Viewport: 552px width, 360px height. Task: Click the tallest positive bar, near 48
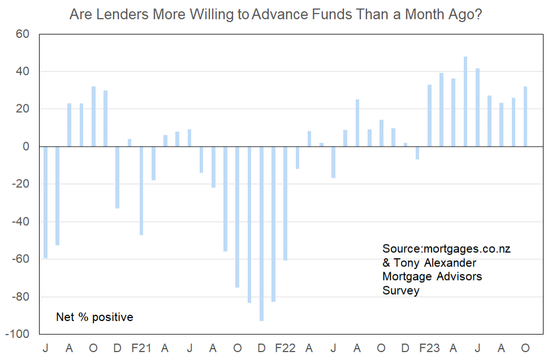click(x=465, y=101)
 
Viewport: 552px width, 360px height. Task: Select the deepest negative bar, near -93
click(x=261, y=234)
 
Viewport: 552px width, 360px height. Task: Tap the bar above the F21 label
click(x=141, y=191)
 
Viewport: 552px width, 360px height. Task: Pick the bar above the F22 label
click(x=286, y=203)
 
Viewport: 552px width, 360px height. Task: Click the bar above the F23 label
click(x=429, y=115)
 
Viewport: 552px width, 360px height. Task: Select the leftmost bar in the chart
click(x=45, y=203)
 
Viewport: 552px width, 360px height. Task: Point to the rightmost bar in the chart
click(x=525, y=117)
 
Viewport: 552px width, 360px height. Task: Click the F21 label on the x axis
click(x=141, y=348)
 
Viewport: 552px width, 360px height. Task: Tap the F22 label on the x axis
click(x=285, y=348)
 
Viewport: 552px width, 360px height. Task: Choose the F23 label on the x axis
click(x=429, y=348)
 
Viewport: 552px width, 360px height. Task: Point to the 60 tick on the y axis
click(x=23, y=34)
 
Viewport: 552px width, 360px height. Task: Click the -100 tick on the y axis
click(x=17, y=334)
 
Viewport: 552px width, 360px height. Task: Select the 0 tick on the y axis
click(x=26, y=147)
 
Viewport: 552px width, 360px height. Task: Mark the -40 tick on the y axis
click(x=20, y=221)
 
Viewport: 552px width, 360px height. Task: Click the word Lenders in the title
click(x=123, y=15)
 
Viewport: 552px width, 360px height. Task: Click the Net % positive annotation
click(x=94, y=317)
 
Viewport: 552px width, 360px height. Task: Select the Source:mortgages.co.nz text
click(x=446, y=248)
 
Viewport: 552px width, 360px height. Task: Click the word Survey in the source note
click(x=401, y=290)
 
